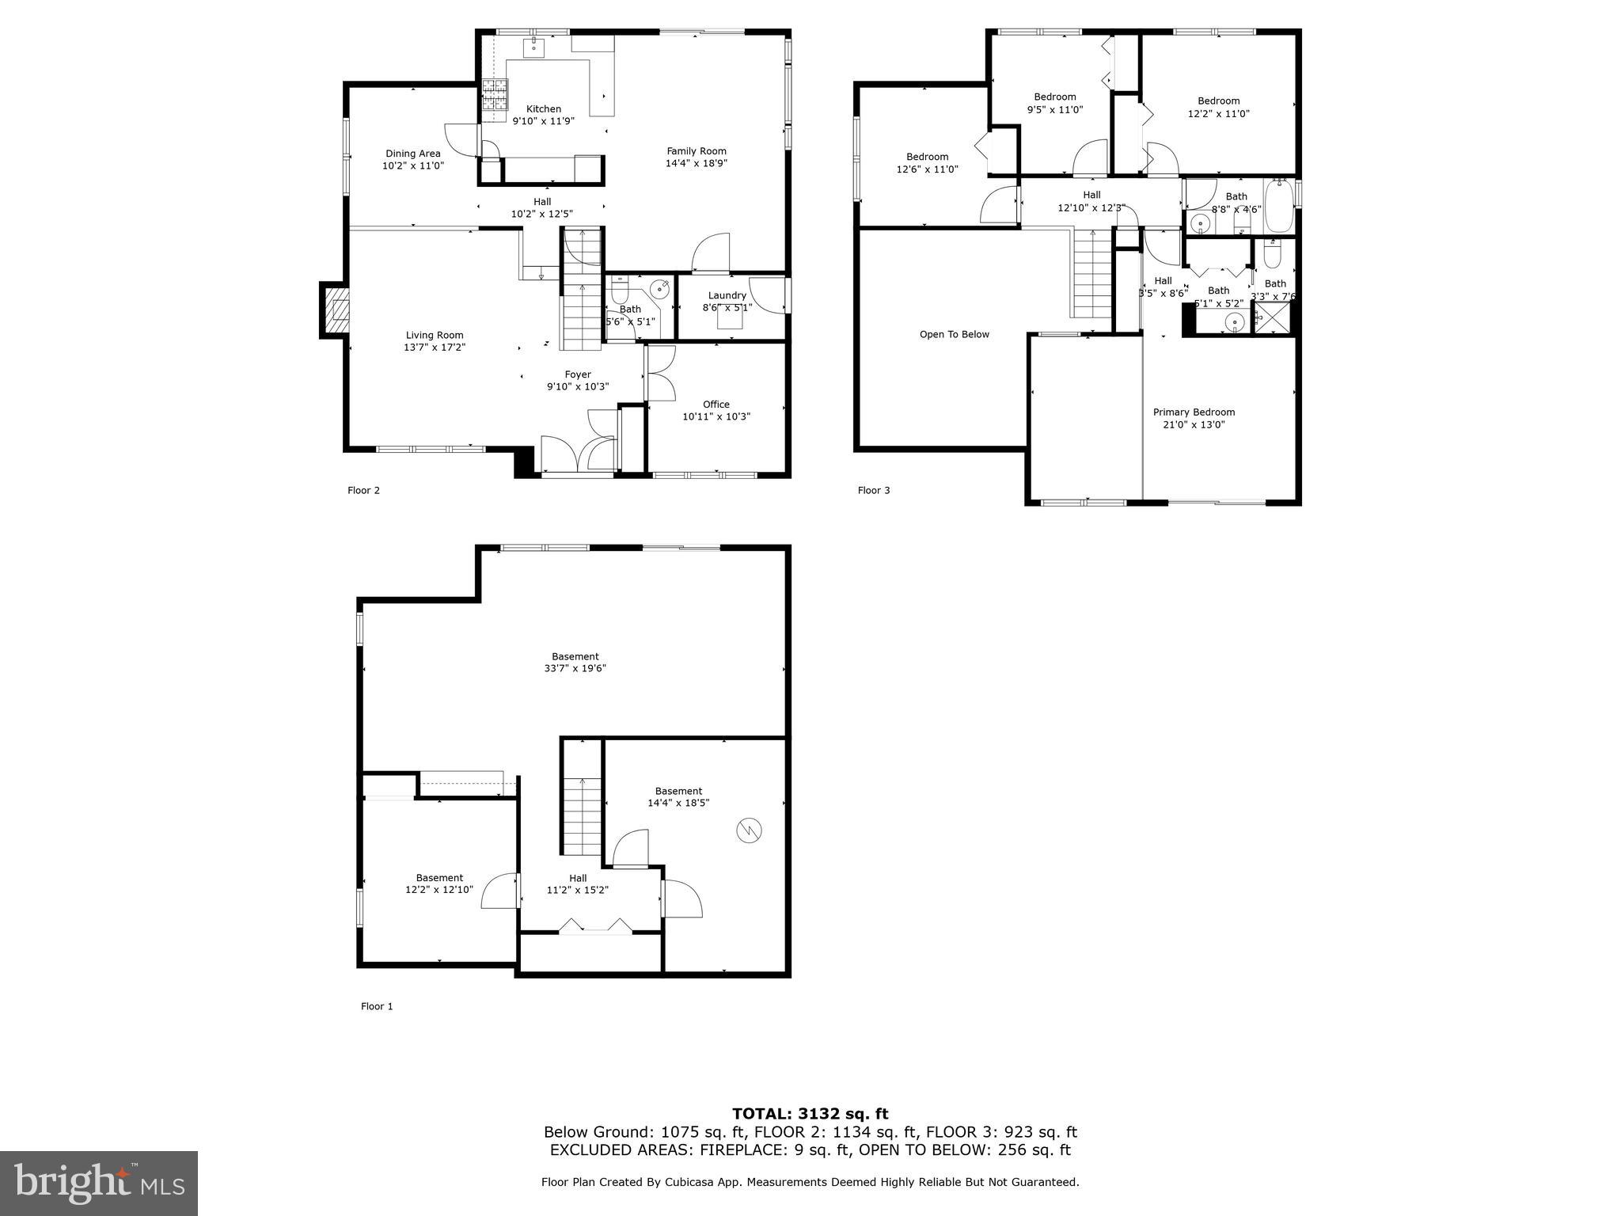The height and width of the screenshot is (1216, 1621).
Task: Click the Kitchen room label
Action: tap(543, 109)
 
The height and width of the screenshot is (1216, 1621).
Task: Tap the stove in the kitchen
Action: tap(494, 96)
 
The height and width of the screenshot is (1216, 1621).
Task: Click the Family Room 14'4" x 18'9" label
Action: tap(696, 157)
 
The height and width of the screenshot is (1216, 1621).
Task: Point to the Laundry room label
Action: tap(727, 295)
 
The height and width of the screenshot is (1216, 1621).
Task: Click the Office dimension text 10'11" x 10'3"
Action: tap(716, 416)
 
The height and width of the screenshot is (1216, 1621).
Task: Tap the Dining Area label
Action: tap(412, 154)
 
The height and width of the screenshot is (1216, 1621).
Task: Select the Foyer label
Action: tap(577, 374)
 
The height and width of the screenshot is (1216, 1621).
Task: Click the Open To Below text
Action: tap(954, 334)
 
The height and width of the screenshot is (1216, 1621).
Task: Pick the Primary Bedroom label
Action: tap(1193, 412)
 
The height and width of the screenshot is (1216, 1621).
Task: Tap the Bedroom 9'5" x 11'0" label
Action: tap(1054, 103)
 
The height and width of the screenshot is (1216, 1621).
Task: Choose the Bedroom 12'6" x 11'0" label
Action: tap(927, 162)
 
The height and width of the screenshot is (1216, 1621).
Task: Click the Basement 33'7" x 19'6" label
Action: tap(575, 662)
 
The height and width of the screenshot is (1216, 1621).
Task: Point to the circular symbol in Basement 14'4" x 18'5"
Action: tap(749, 830)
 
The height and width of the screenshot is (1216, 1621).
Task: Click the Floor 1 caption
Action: tap(377, 1006)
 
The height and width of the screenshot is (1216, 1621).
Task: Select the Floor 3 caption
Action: tap(874, 490)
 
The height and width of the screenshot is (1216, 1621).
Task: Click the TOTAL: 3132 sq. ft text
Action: tap(810, 1114)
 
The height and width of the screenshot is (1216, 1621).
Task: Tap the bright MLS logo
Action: tap(98, 1183)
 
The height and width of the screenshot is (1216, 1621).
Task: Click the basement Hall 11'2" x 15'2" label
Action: tap(577, 883)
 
